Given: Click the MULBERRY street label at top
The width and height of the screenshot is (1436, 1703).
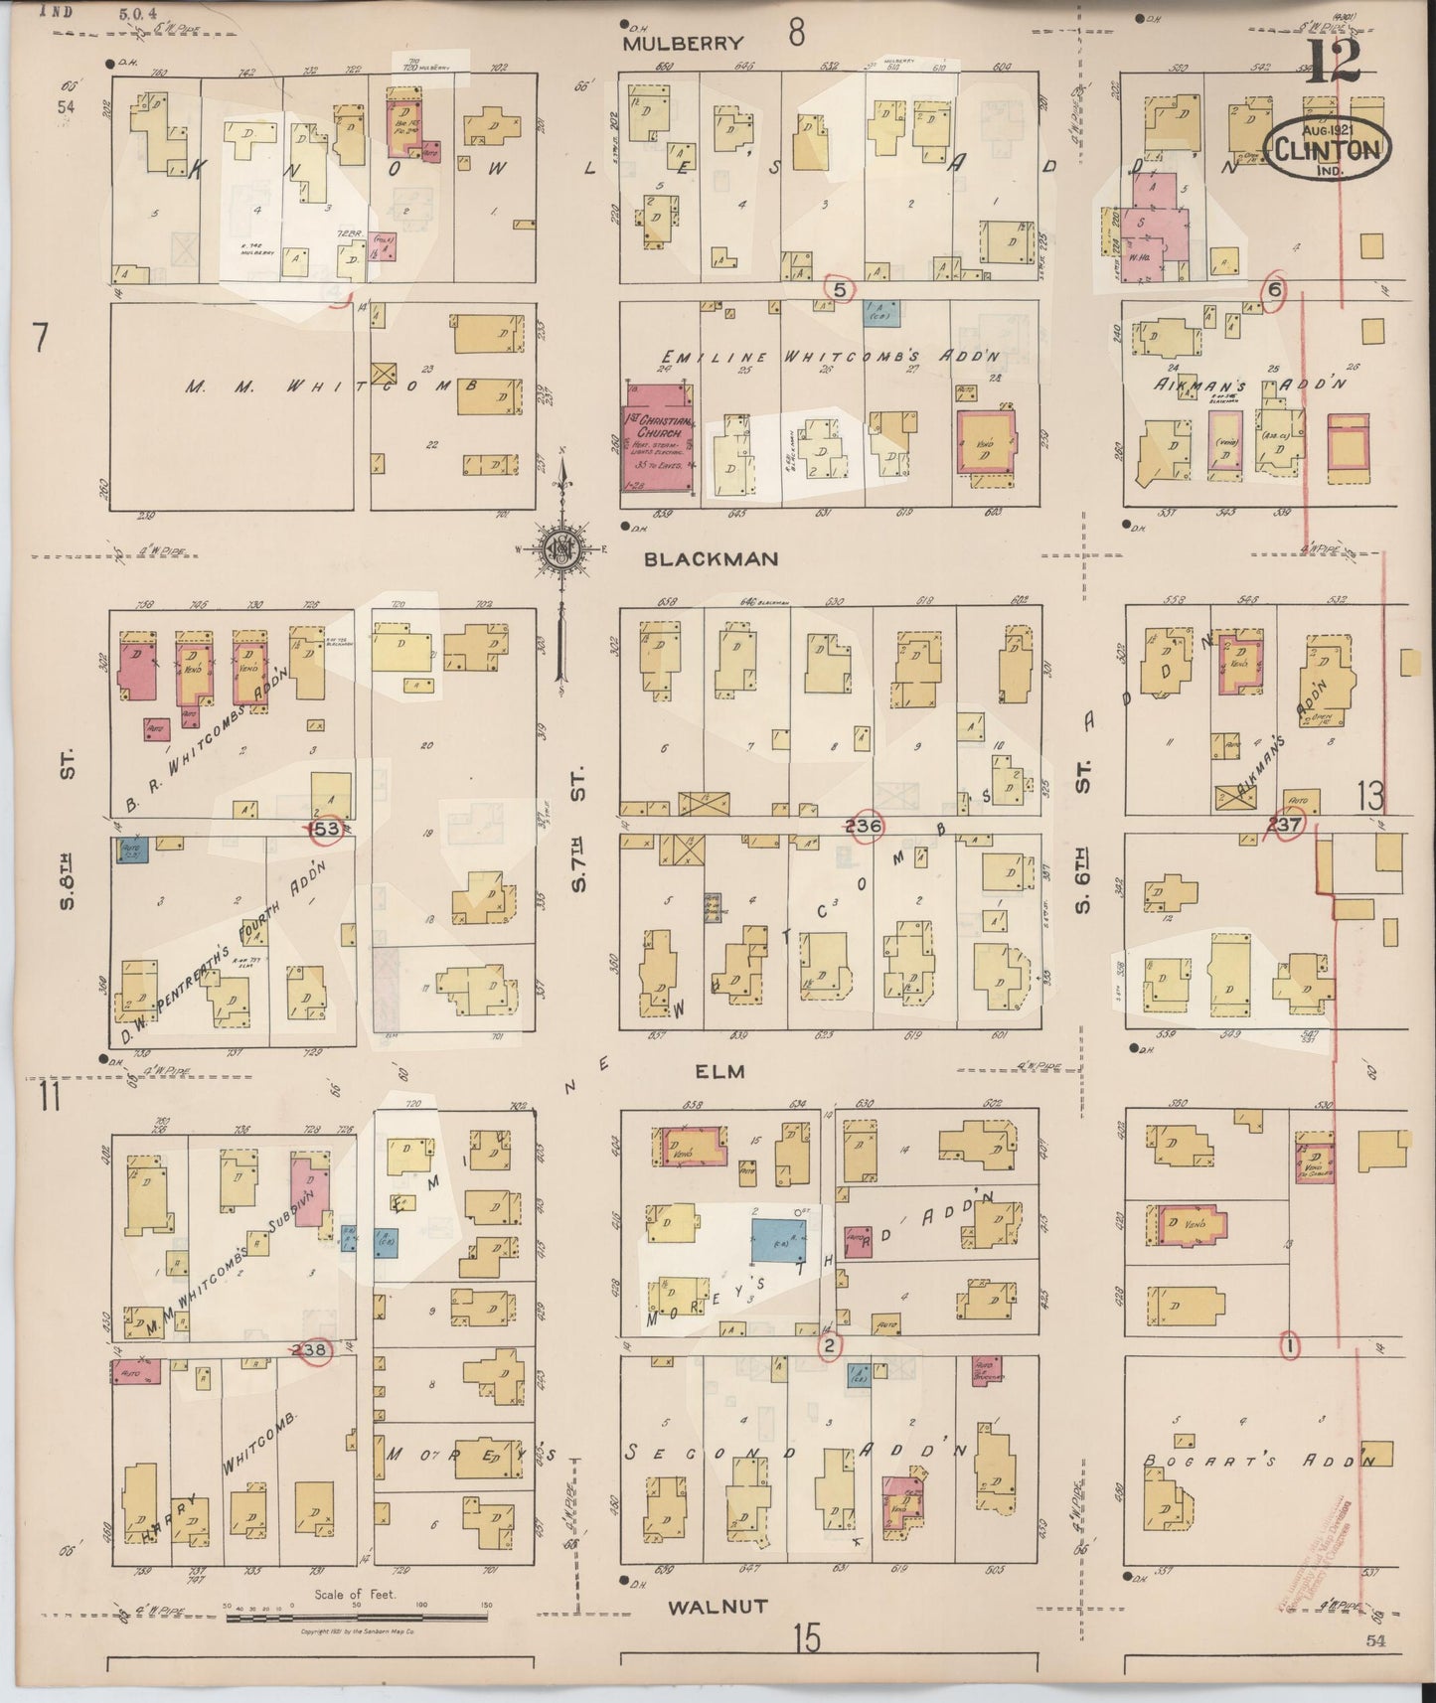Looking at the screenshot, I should pos(683,43).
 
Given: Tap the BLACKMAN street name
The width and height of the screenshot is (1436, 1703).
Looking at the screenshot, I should pos(711,559).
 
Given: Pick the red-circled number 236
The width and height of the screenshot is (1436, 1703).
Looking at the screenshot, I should pos(865,826).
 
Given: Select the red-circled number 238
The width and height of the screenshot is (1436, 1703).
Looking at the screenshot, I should pos(314,1349).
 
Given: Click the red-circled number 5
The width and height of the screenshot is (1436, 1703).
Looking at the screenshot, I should pos(841,290).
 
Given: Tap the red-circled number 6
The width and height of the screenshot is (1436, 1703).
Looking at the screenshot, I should pos(1275,289).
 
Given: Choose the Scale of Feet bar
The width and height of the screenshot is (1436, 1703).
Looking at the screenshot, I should pos(354,1618).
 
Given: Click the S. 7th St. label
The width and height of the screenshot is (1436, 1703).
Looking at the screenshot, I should pos(579,830).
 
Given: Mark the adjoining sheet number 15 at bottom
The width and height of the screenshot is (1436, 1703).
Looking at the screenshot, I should pos(807,1638).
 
